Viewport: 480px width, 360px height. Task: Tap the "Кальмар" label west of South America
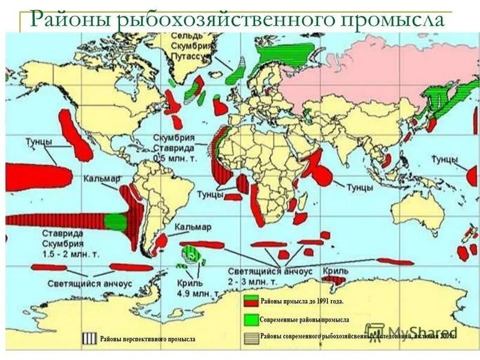[x=103, y=178]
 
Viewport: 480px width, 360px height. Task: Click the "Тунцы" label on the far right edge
[x=444, y=159]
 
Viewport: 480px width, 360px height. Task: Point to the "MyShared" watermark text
[x=420, y=332]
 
